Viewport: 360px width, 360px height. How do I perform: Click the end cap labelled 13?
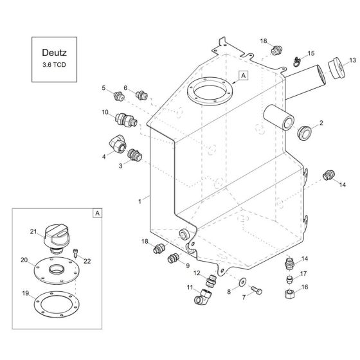pos(333,69)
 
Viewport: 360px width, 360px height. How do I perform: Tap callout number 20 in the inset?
pos(24,260)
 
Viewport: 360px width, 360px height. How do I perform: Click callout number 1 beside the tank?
pos(139,201)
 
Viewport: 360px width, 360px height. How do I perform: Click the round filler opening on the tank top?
pos(208,91)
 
